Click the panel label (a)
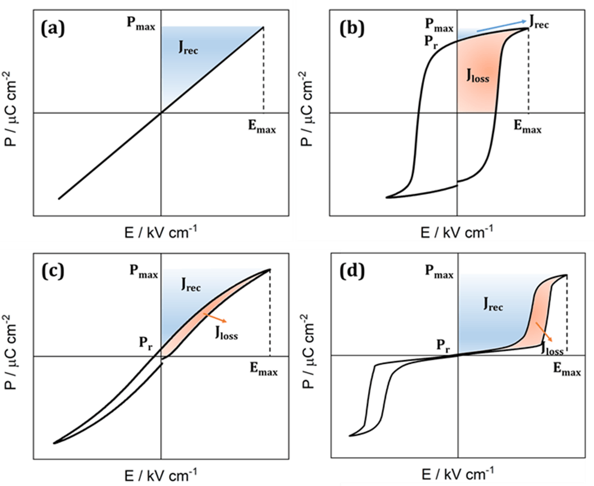click(x=53, y=28)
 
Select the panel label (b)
click(x=352, y=28)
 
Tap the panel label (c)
click(x=53, y=271)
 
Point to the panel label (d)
click(x=352, y=271)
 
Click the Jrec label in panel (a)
click(x=188, y=48)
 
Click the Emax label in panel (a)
click(x=262, y=126)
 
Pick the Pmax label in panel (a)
click(x=141, y=23)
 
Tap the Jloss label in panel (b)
click(x=478, y=76)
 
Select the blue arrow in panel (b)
click(x=502, y=26)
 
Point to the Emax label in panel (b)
click(x=527, y=126)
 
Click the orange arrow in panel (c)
click(x=215, y=318)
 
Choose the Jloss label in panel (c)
click(x=227, y=333)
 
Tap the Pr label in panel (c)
click(x=146, y=343)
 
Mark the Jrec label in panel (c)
click(x=191, y=285)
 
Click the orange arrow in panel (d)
click(x=544, y=332)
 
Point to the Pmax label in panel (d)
click(x=439, y=271)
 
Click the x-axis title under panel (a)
click(x=161, y=232)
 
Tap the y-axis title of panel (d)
click(x=308, y=351)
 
